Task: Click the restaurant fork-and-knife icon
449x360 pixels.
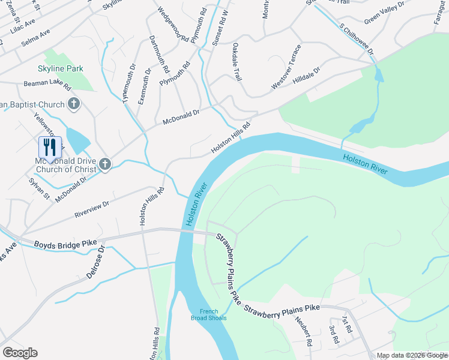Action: click(50, 147)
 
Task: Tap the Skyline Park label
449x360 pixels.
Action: click(60, 69)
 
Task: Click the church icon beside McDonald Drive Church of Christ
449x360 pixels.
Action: click(105, 164)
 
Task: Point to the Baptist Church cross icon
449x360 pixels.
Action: click(74, 104)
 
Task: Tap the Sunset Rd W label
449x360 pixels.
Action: click(220, 25)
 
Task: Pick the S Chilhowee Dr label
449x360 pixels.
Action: click(357, 40)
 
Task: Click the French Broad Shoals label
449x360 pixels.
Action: click(213, 314)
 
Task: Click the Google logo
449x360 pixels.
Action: click(20, 353)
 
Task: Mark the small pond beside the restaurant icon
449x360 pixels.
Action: click(77, 140)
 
